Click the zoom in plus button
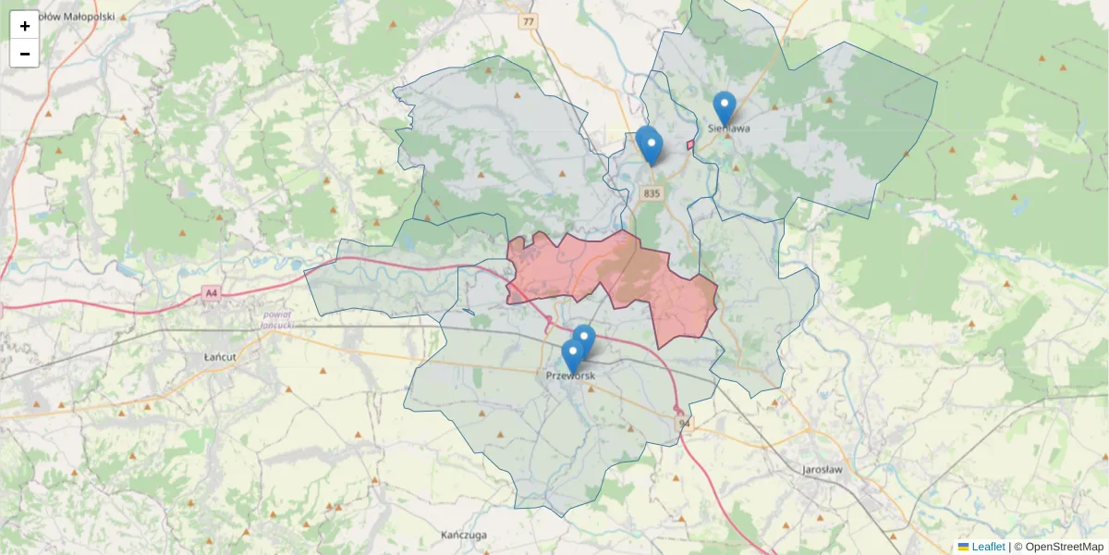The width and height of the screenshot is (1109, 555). [x=25, y=26]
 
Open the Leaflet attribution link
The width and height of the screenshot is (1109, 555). [x=987, y=547]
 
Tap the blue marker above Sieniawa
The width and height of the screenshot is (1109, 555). [x=724, y=107]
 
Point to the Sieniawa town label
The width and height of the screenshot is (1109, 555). [x=728, y=129]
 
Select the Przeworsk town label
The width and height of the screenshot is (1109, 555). [x=570, y=376]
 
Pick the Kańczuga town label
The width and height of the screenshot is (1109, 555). [x=463, y=536]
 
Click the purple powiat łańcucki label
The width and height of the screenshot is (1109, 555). [x=276, y=320]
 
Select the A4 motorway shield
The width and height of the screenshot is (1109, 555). [x=212, y=293]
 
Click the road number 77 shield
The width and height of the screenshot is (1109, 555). [x=528, y=21]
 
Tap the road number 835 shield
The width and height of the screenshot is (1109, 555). [x=652, y=193]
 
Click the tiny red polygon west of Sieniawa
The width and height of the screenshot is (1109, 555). [x=690, y=145]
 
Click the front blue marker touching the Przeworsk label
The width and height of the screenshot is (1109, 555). [x=573, y=355]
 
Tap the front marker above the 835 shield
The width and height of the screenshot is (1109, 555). [x=652, y=146]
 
